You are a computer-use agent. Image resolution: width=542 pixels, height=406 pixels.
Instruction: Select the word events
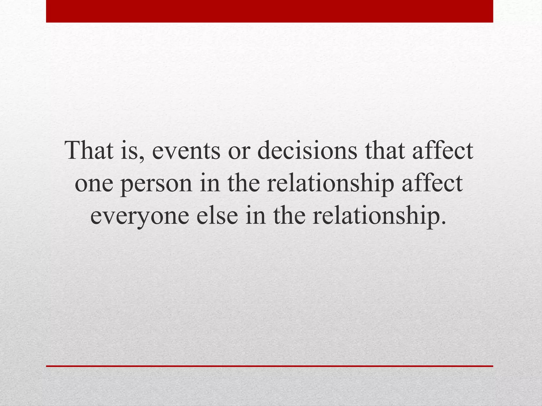(186, 151)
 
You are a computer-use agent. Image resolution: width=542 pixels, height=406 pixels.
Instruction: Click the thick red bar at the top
(269, 11)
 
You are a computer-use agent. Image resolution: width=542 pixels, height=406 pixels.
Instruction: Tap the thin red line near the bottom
(269, 366)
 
